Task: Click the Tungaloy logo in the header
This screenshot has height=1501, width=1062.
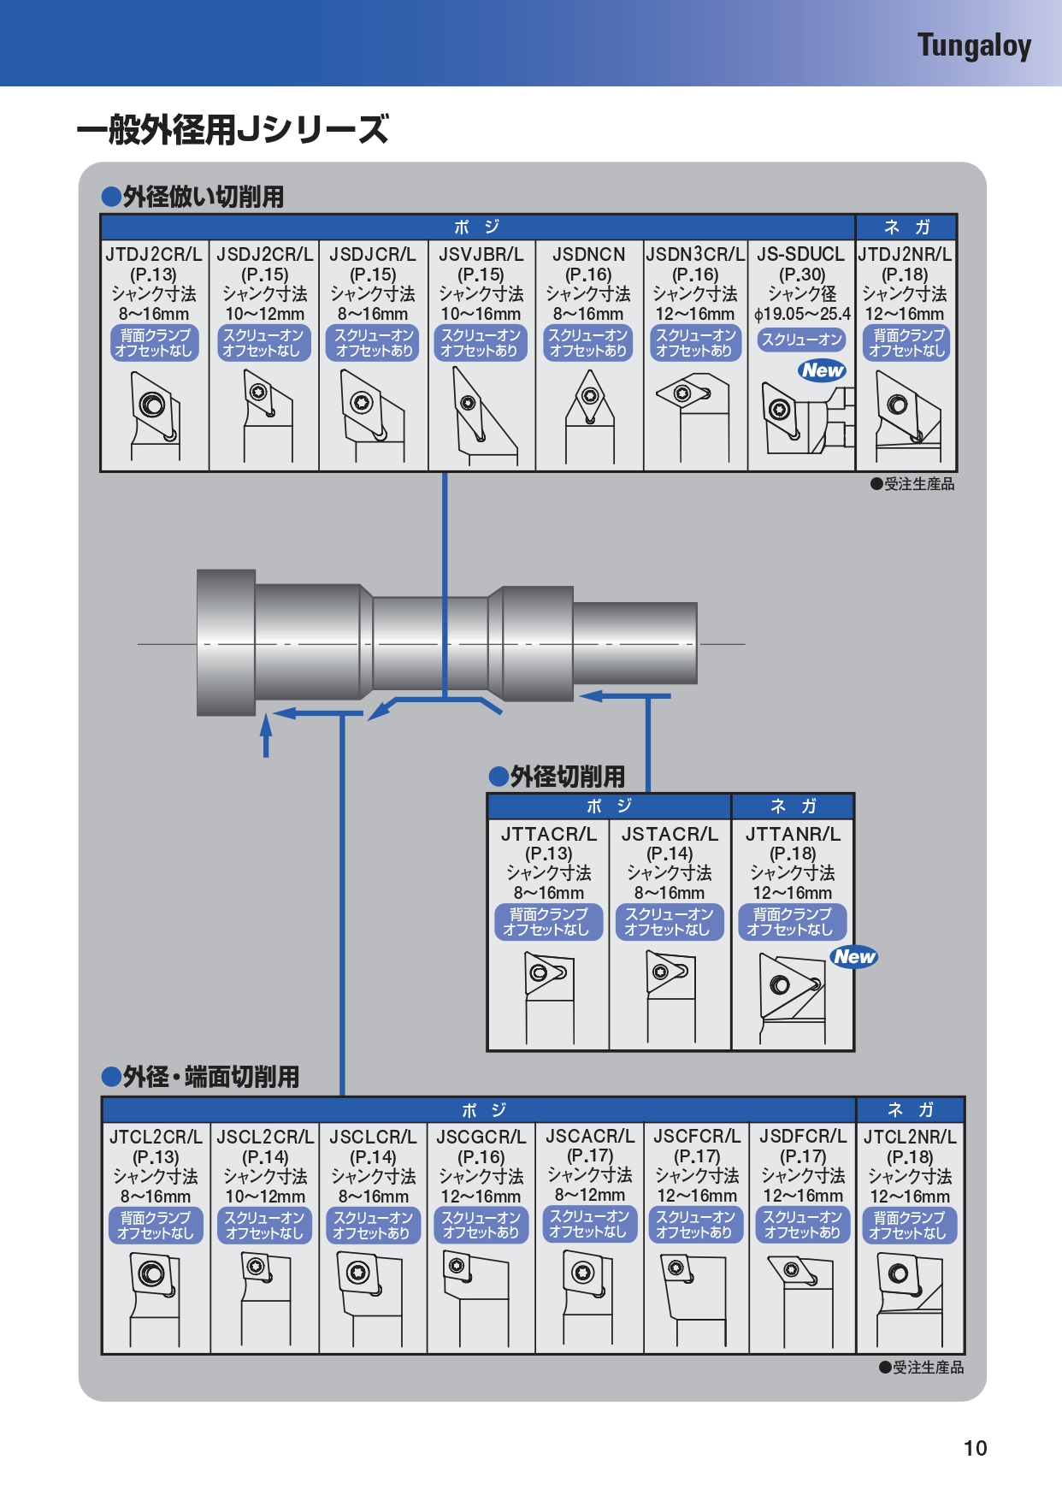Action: [974, 45]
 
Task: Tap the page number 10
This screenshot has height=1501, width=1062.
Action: [975, 1448]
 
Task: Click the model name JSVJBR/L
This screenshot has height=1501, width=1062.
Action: [481, 254]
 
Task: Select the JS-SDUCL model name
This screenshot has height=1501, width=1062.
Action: [800, 254]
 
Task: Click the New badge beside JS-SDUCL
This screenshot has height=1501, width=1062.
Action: [823, 370]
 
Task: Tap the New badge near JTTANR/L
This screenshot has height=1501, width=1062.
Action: [854, 956]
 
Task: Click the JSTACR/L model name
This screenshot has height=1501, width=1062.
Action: [670, 834]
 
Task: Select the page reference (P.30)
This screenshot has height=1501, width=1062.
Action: [802, 275]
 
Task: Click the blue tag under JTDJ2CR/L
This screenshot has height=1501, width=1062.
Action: [154, 343]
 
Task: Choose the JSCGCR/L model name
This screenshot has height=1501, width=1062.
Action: [481, 1137]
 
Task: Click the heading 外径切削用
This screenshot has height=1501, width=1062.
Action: [567, 777]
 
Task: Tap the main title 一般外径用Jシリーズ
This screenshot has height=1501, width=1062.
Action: [233, 130]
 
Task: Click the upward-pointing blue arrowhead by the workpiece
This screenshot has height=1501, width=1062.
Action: [266, 725]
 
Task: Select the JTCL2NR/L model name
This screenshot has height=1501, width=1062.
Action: [910, 1137]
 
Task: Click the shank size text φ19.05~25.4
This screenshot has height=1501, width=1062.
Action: [802, 314]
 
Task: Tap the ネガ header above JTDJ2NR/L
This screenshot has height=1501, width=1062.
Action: [906, 227]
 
